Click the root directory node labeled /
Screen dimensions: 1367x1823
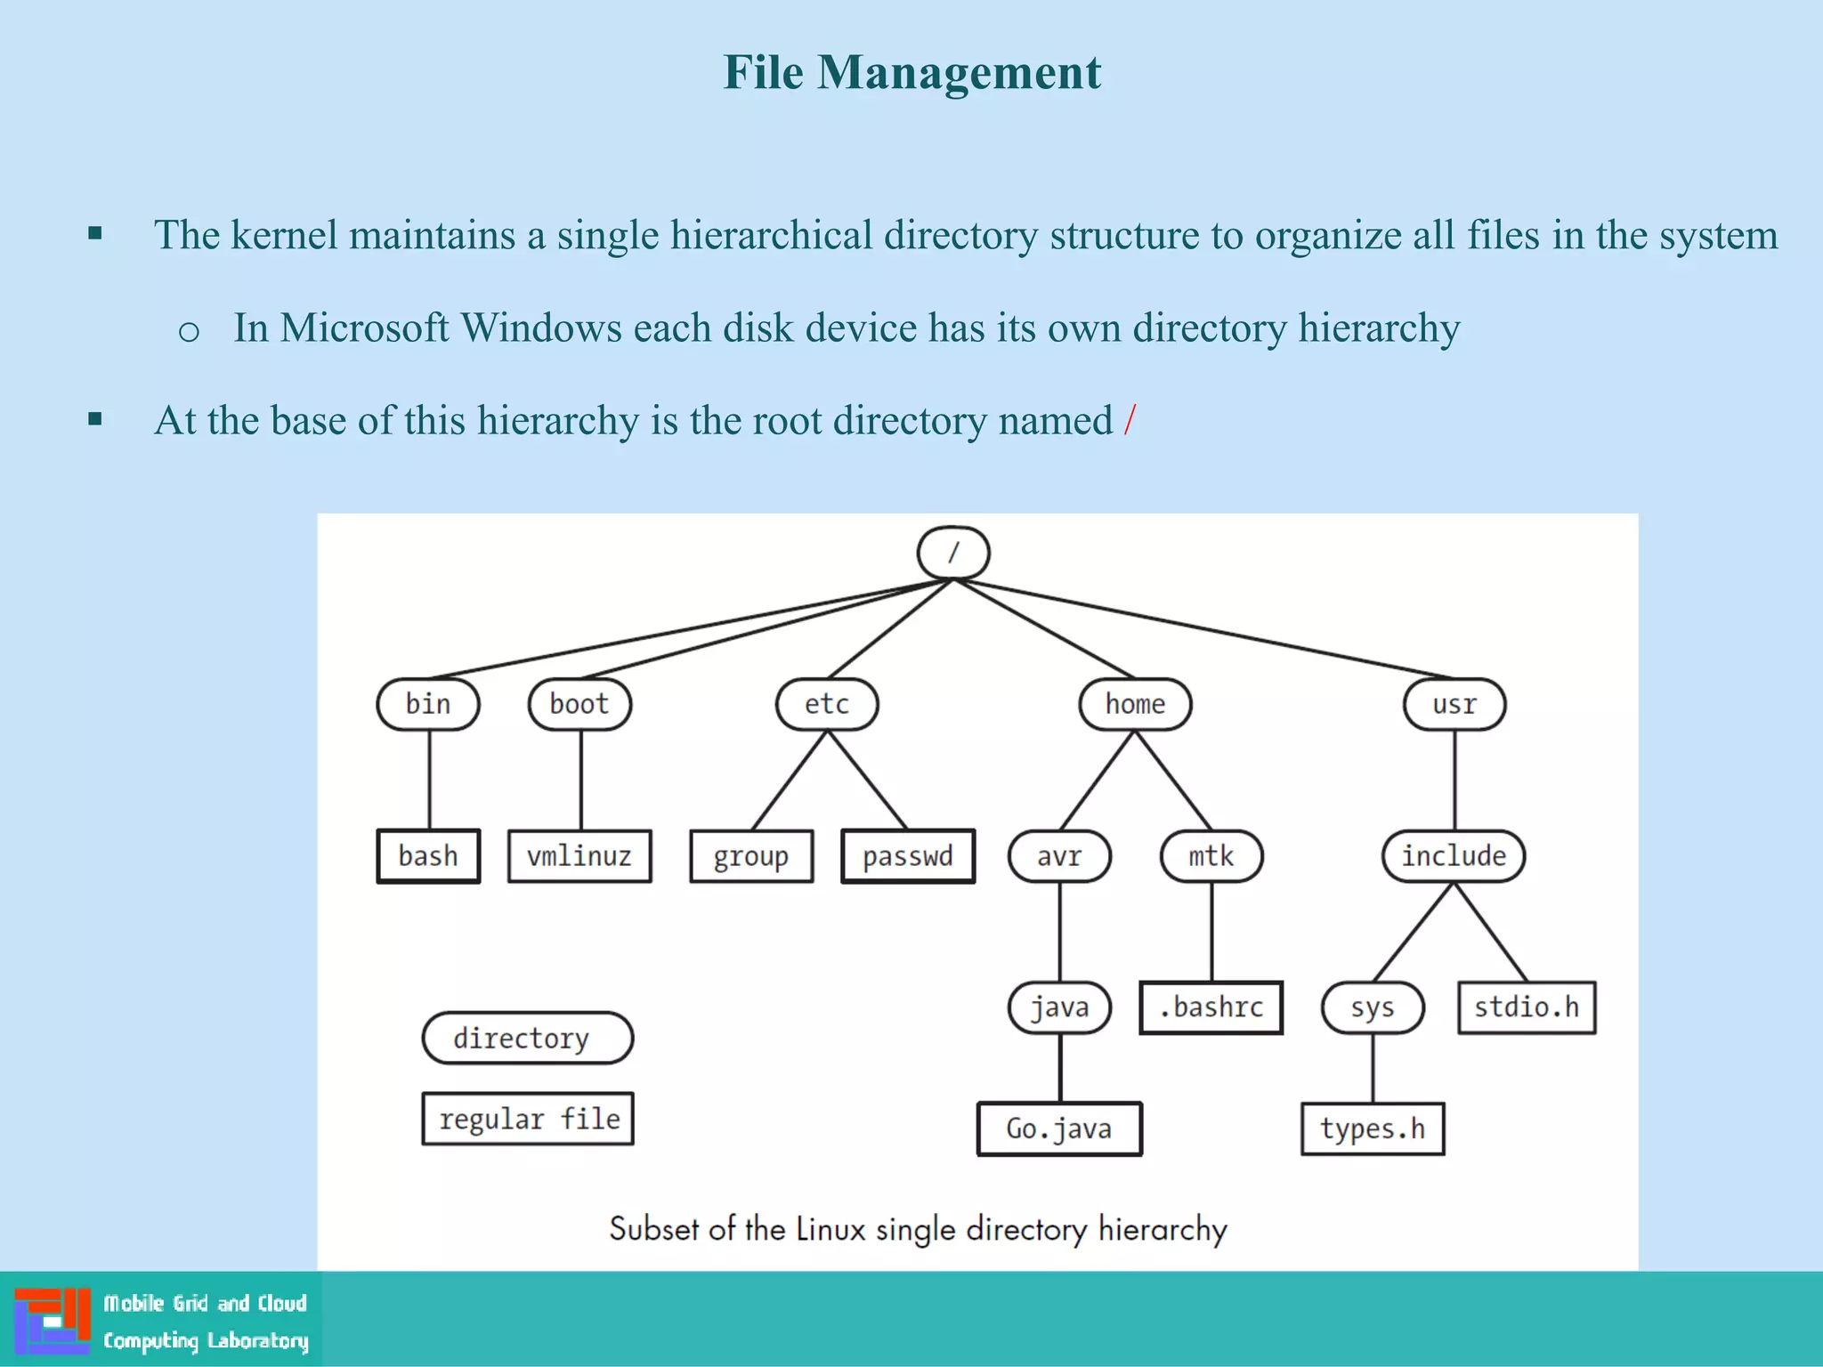coord(952,553)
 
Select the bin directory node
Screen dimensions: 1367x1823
coord(428,704)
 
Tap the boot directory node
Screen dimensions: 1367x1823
coord(579,704)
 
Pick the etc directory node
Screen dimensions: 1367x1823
coord(827,704)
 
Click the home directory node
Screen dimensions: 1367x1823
coord(1135,704)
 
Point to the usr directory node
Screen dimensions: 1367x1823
coord(1454,704)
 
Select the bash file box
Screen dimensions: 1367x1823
coord(428,856)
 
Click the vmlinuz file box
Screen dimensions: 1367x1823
coord(579,856)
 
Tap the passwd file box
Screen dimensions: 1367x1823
coord(908,856)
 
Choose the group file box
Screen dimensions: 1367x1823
coord(751,856)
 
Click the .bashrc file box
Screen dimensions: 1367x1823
coord(1211,1007)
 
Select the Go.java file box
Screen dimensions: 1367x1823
coord(1059,1128)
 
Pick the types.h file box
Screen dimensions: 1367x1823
coord(1373,1128)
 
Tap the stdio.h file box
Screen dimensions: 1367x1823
coord(1527,1007)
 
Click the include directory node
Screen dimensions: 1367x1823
coord(1454,856)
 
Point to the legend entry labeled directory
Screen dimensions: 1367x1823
coord(527,1038)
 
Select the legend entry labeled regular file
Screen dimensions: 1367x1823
coord(528,1119)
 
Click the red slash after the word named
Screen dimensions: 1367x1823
coord(1130,420)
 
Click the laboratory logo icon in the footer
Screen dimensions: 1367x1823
coord(53,1321)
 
